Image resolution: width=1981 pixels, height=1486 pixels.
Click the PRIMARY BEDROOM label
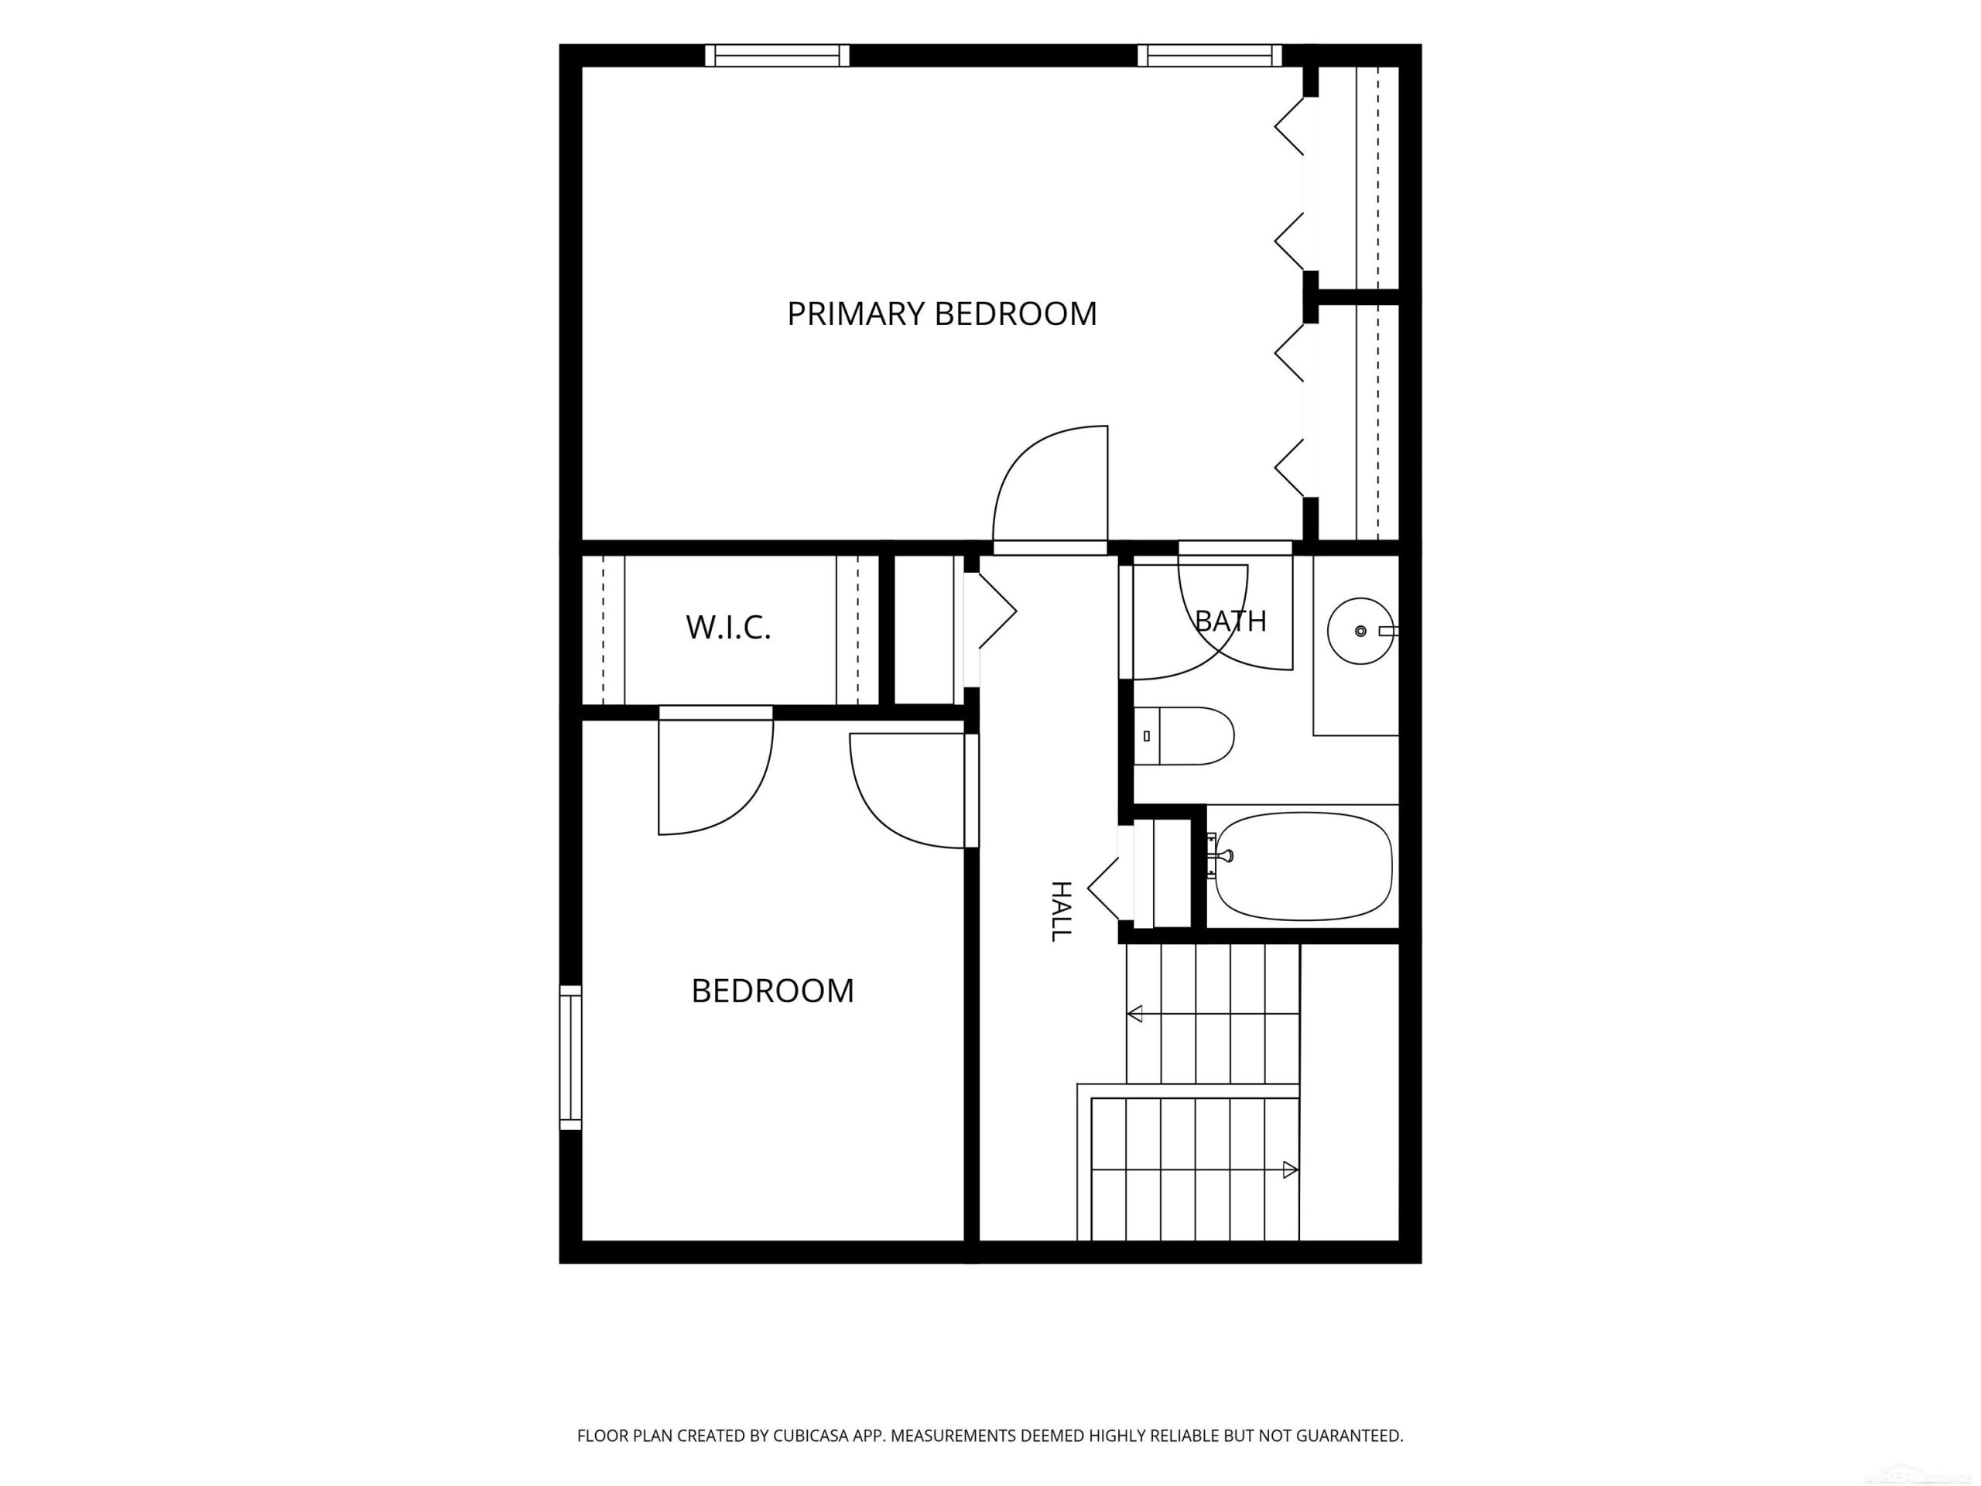point(941,313)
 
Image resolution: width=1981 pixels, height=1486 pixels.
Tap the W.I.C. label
point(728,627)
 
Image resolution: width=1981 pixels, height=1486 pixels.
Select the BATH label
point(1230,620)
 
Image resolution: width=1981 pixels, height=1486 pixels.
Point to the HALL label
point(1060,911)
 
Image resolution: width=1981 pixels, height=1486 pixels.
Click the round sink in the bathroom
point(1360,632)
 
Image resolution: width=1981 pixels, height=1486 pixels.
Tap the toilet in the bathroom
point(1183,736)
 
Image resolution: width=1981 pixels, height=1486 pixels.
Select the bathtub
point(1303,866)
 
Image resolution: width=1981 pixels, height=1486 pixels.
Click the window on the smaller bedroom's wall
point(570,1057)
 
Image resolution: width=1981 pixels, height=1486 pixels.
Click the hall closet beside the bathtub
point(1162,873)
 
